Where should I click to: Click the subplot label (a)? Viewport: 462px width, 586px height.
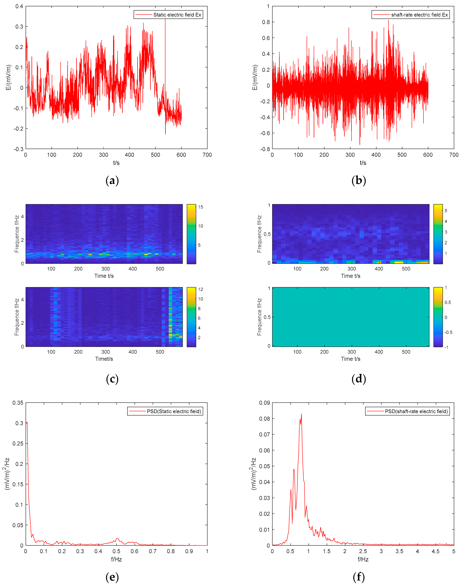(112, 180)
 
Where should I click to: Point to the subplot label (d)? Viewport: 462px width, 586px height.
(359, 379)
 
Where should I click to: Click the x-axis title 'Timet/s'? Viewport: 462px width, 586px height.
(104, 359)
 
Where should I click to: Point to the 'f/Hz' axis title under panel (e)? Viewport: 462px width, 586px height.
(116, 559)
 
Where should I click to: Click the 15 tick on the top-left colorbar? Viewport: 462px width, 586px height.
(200, 207)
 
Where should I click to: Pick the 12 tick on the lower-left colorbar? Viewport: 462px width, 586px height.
(200, 289)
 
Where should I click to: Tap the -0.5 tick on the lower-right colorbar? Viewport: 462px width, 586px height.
(448, 332)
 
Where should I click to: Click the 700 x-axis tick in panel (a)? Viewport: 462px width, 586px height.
(207, 155)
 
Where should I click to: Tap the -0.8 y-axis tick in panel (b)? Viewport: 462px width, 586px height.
(265, 149)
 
